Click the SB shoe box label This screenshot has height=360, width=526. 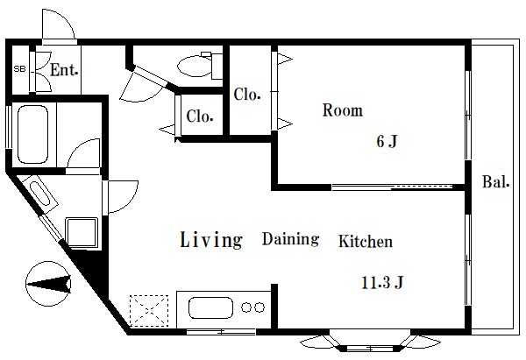[19, 69]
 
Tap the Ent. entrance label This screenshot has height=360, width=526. [64, 70]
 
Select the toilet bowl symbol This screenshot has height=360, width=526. [195, 66]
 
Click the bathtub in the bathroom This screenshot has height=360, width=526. [32, 134]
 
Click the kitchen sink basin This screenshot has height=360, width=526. [210, 307]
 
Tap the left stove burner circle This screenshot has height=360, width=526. [246, 307]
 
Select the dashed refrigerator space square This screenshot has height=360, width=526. [149, 311]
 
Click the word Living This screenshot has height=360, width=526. [211, 240]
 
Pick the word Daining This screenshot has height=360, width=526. [290, 239]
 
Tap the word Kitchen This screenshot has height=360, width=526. [366, 241]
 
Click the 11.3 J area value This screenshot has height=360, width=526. [382, 283]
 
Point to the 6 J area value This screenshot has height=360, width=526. [387, 141]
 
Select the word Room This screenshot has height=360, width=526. [343, 110]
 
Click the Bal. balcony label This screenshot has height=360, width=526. [496, 181]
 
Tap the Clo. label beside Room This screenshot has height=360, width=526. [247, 95]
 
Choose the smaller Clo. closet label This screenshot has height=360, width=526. [200, 116]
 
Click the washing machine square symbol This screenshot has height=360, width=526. [82, 232]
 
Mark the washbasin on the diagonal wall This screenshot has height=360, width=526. [39, 194]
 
